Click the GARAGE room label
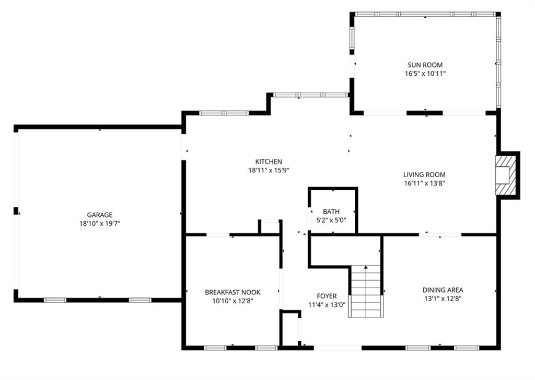click(x=100, y=215)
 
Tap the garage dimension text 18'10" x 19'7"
click(x=100, y=224)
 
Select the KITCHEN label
click(x=269, y=162)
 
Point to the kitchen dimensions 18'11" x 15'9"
click(x=269, y=170)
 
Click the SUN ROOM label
click(x=425, y=65)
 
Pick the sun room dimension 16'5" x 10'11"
click(x=425, y=73)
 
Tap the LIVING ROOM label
click(x=424, y=175)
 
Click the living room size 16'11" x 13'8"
click(x=424, y=183)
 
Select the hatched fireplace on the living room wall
click(x=506, y=176)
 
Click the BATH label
click(x=331, y=212)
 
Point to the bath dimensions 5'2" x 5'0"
click(x=331, y=221)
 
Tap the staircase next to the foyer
click(x=365, y=291)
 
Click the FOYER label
click(x=327, y=296)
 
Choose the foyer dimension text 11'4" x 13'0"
click(x=327, y=305)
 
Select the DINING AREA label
click(x=443, y=290)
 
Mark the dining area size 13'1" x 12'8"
click(x=443, y=299)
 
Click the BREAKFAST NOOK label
click(x=232, y=292)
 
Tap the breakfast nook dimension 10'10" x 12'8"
click(x=232, y=301)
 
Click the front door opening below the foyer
click(x=338, y=348)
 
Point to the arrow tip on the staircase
click(x=366, y=266)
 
